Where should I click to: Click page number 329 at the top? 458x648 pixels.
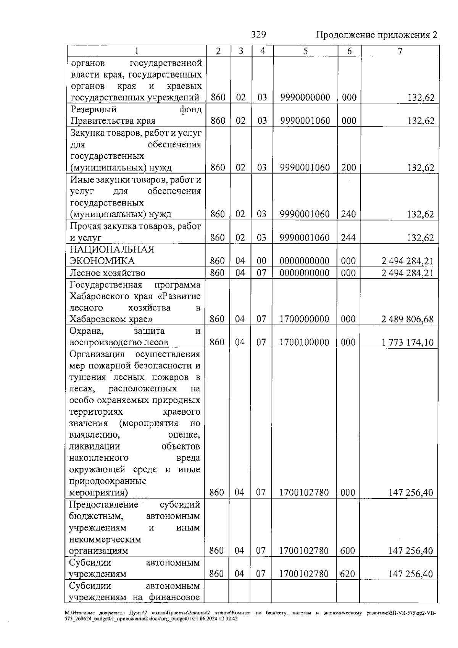coord(259,35)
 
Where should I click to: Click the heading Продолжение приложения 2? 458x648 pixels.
coord(376,35)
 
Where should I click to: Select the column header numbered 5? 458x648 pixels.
coord(306,51)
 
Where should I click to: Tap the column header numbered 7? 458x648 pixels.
coord(400,51)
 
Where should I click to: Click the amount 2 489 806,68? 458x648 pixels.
coord(407,319)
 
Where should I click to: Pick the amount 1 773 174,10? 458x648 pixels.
coord(407,342)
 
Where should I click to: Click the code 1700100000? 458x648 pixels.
coord(304,342)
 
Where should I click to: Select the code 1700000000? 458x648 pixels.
coord(304,319)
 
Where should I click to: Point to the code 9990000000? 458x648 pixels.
coord(305,97)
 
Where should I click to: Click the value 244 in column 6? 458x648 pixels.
coord(348,238)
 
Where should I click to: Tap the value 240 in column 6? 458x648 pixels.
coord(348,214)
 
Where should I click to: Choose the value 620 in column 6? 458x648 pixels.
coord(347,574)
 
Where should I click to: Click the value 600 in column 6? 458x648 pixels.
coord(347,551)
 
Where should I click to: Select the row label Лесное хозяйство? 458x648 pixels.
coord(107,273)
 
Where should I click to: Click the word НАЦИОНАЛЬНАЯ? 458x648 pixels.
coord(112,249)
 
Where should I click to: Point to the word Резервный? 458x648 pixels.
coord(94,110)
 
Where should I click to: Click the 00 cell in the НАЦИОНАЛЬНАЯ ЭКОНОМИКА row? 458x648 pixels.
coord(261,261)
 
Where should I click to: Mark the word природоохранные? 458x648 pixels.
coord(108,481)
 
